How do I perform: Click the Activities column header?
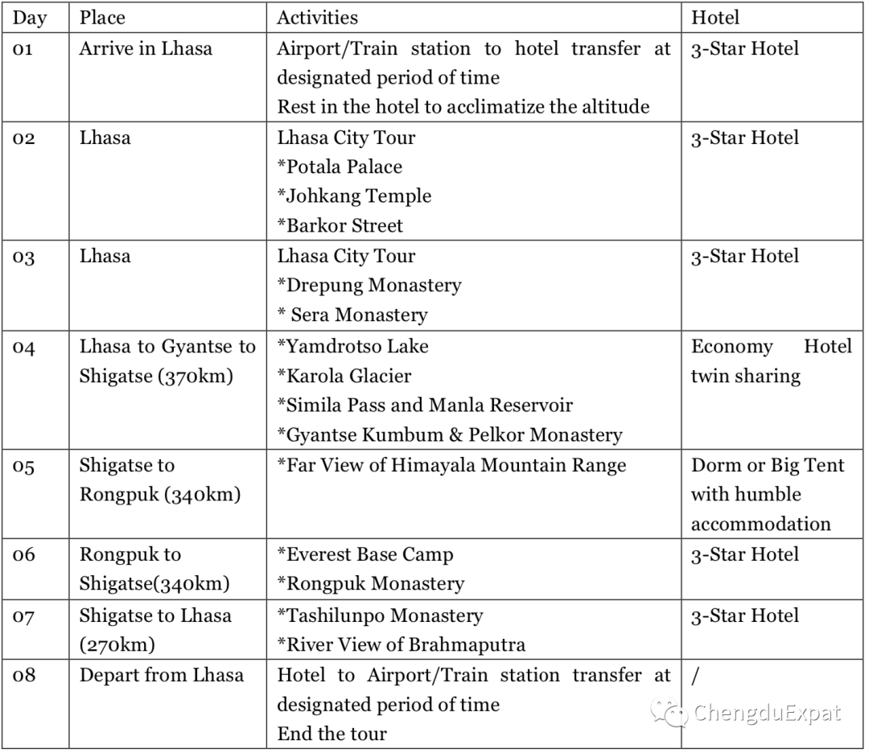click(318, 17)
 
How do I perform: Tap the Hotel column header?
click(715, 17)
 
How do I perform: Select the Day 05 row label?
click(24, 467)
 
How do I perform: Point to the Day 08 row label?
click(25, 676)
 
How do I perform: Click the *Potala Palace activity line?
click(340, 167)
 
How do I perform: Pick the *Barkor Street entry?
click(340, 226)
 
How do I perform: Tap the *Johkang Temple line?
click(354, 196)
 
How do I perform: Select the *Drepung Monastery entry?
click(369, 286)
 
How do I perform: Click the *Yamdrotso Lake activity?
click(352, 347)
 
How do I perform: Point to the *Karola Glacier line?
click(344, 376)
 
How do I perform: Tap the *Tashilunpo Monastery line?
click(380, 616)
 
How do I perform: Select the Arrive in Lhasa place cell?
click(146, 48)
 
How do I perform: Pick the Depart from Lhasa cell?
click(161, 675)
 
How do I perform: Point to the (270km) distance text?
click(117, 645)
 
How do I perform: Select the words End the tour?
click(332, 734)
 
